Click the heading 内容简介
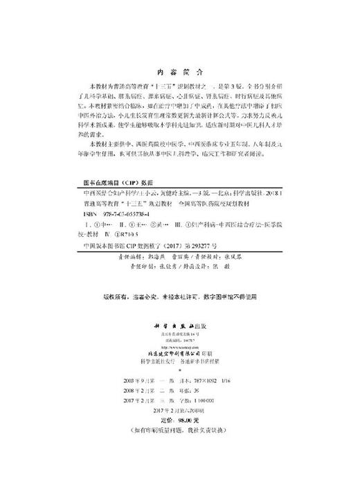180,71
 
